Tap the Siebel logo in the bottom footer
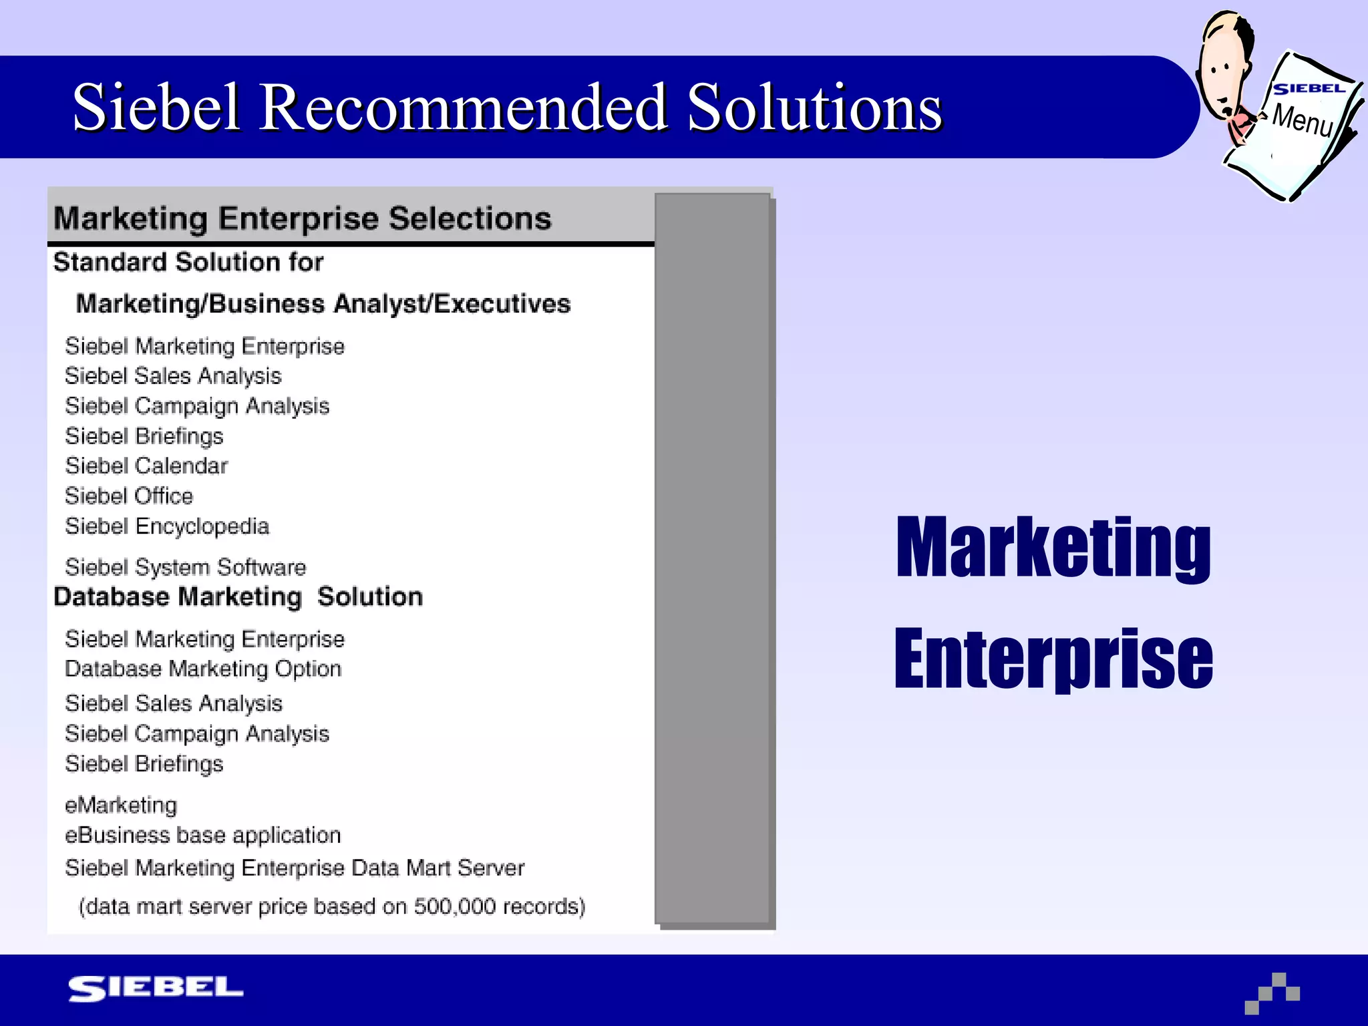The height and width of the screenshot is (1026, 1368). (156, 988)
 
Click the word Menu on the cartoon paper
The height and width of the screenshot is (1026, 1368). (1302, 120)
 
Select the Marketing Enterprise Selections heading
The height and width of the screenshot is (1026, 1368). (302, 218)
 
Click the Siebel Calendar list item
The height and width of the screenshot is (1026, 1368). (146, 466)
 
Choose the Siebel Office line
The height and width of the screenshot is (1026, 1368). (129, 496)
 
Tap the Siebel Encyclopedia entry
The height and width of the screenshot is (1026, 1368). (167, 526)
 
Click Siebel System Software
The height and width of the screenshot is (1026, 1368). (185, 567)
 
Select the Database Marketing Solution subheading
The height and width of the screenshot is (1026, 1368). (238, 596)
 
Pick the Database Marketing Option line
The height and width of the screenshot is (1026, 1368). (203, 669)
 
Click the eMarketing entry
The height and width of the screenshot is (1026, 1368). (121, 805)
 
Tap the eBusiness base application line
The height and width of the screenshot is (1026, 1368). (202, 835)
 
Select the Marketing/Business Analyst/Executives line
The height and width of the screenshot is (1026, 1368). (323, 304)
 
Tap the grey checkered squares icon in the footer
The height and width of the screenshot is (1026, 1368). (1272, 993)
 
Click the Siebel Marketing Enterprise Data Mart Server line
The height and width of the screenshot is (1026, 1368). (295, 868)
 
